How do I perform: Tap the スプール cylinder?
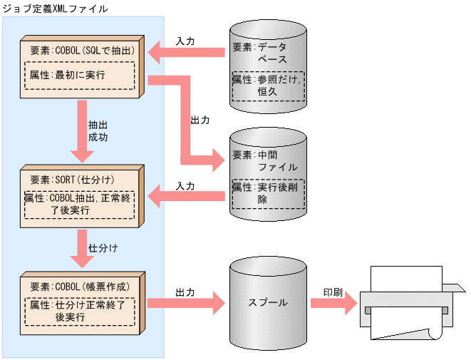tap(268, 302)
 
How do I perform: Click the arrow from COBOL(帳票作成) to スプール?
tap(189, 303)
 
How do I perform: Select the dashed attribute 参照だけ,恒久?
tap(269, 86)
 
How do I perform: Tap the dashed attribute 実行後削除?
tap(269, 193)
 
